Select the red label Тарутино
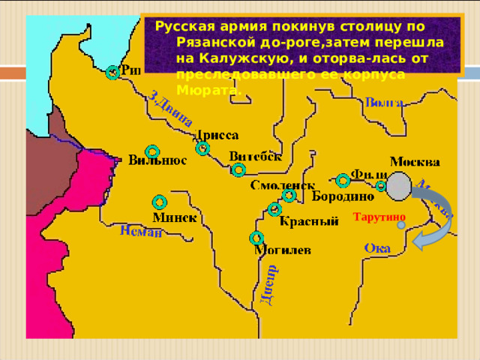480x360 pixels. pyautogui.click(x=378, y=217)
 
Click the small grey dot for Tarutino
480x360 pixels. pyautogui.click(x=401, y=224)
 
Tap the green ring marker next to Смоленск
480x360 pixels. pyautogui.click(x=289, y=196)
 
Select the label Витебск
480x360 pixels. pyautogui.click(x=255, y=156)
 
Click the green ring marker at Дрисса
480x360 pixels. pyautogui.click(x=202, y=148)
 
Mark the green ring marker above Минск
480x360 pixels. pyautogui.click(x=159, y=201)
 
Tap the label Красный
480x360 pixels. pyautogui.click(x=307, y=222)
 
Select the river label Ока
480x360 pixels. pyautogui.click(x=376, y=247)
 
